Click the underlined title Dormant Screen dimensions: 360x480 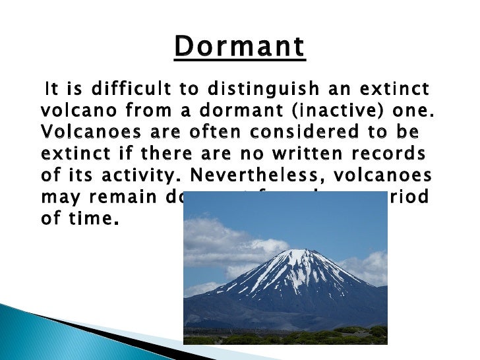[240, 48]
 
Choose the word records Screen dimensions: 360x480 [395, 154]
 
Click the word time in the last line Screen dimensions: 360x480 [88, 219]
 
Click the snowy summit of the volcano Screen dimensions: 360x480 [300, 258]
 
